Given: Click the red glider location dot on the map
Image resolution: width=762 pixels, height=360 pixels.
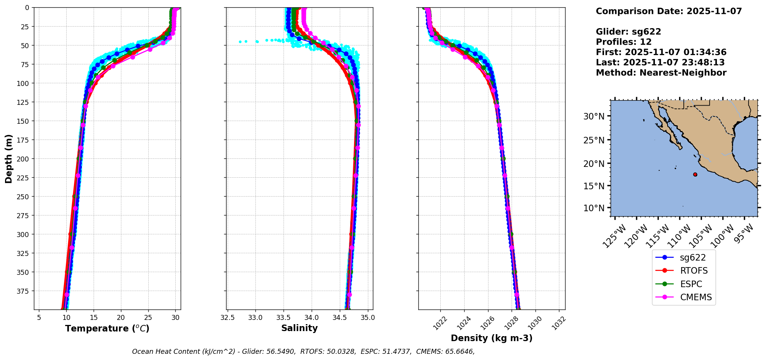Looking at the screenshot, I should click(695, 175).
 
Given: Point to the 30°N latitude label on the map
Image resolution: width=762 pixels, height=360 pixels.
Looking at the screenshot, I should click(594, 116).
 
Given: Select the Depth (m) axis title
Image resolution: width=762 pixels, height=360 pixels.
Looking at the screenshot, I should click(9, 158).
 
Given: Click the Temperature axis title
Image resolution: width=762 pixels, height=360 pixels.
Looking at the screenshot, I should click(107, 328).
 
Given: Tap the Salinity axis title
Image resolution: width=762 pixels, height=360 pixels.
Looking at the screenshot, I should click(299, 328).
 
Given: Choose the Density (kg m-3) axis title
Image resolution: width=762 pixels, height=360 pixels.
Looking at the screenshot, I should click(492, 338).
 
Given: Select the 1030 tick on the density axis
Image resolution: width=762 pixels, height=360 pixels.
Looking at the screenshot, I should click(535, 323).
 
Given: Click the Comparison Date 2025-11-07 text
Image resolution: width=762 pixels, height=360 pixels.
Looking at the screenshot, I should click(669, 11).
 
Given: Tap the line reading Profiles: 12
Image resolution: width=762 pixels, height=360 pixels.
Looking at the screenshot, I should click(624, 42).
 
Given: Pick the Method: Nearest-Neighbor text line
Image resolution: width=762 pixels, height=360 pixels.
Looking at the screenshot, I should click(661, 73).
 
